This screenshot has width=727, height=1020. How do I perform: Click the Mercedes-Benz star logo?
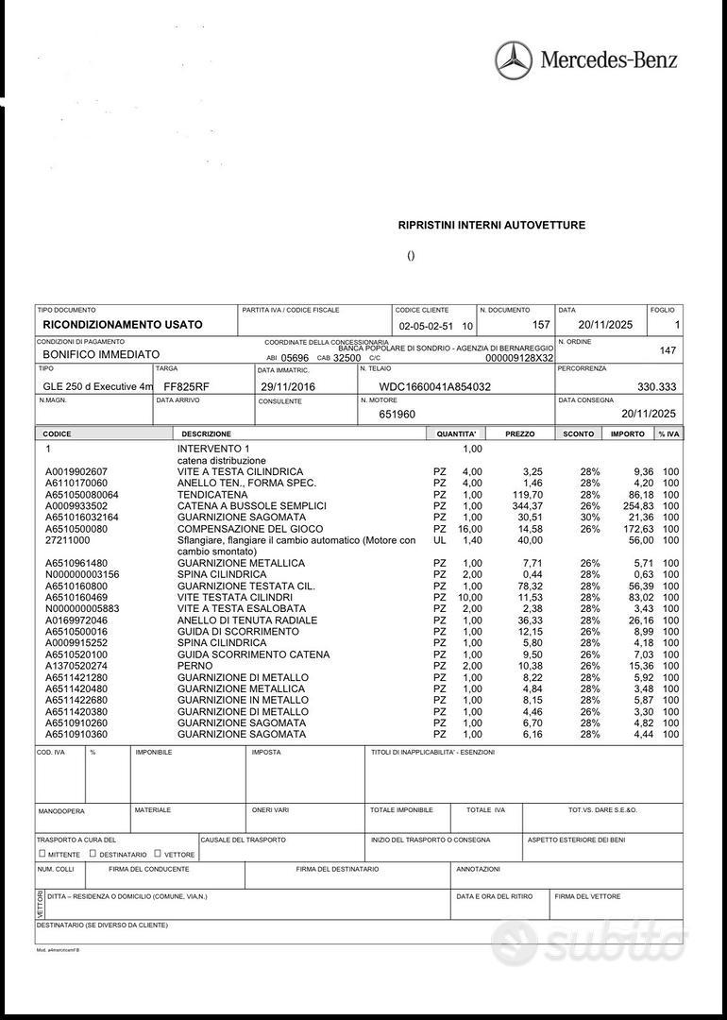pyautogui.click(x=514, y=60)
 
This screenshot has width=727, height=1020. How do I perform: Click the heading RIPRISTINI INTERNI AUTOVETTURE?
pyautogui.click(x=492, y=225)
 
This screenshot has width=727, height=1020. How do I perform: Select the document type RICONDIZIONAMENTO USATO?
pyautogui.click(x=123, y=325)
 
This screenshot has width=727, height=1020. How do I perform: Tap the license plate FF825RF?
pyautogui.click(x=187, y=387)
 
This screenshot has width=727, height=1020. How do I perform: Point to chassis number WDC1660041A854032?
pyautogui.click(x=435, y=387)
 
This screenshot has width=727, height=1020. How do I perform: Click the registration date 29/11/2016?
pyautogui.click(x=288, y=387)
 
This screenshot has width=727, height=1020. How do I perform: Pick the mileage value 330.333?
pyautogui.click(x=657, y=387)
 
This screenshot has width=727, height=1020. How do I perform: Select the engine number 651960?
pyautogui.click(x=397, y=414)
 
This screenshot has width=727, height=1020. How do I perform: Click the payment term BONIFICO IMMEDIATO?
pyautogui.click(x=101, y=354)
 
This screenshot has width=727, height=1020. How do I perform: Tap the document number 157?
pyautogui.click(x=541, y=325)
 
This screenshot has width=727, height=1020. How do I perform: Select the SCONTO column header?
pyautogui.click(x=579, y=434)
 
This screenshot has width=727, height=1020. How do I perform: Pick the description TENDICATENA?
pyautogui.click(x=212, y=495)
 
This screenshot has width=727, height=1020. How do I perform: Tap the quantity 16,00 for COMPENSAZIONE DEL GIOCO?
pyautogui.click(x=469, y=529)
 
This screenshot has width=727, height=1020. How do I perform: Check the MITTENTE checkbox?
pyautogui.click(x=42, y=854)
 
